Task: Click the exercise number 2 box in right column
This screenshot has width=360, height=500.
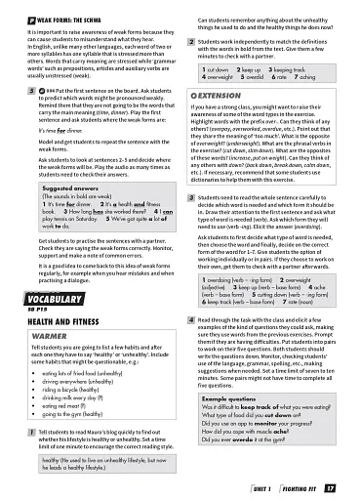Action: click(189, 44)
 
